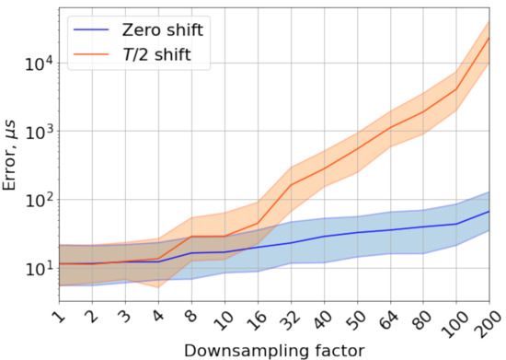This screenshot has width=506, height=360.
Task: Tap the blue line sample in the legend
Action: click(x=93, y=29)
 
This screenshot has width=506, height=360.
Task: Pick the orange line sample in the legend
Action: click(x=93, y=57)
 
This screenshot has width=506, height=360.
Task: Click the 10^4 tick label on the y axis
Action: click(x=38, y=64)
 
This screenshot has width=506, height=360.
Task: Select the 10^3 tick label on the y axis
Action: click(x=38, y=132)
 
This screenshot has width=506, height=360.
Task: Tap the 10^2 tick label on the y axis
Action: click(x=38, y=200)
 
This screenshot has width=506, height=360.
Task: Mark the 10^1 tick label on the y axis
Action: click(x=38, y=268)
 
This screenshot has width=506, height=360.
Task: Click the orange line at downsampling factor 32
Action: click(x=291, y=185)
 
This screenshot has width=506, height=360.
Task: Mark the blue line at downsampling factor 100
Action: click(x=456, y=224)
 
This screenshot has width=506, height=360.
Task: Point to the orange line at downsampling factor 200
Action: click(x=489, y=38)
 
